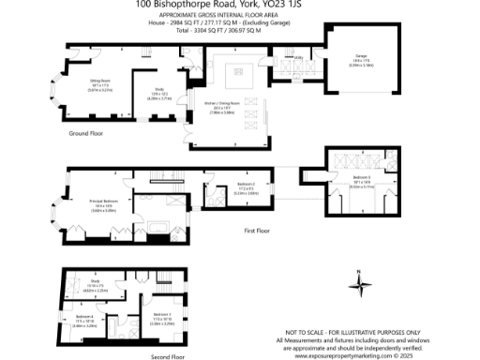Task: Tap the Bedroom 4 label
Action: click(x=83, y=317)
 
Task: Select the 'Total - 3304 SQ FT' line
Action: click(x=239, y=31)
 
